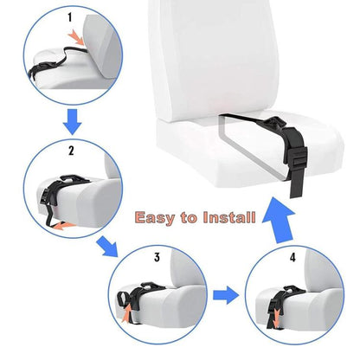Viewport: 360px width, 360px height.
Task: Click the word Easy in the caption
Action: click(x=162, y=218)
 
